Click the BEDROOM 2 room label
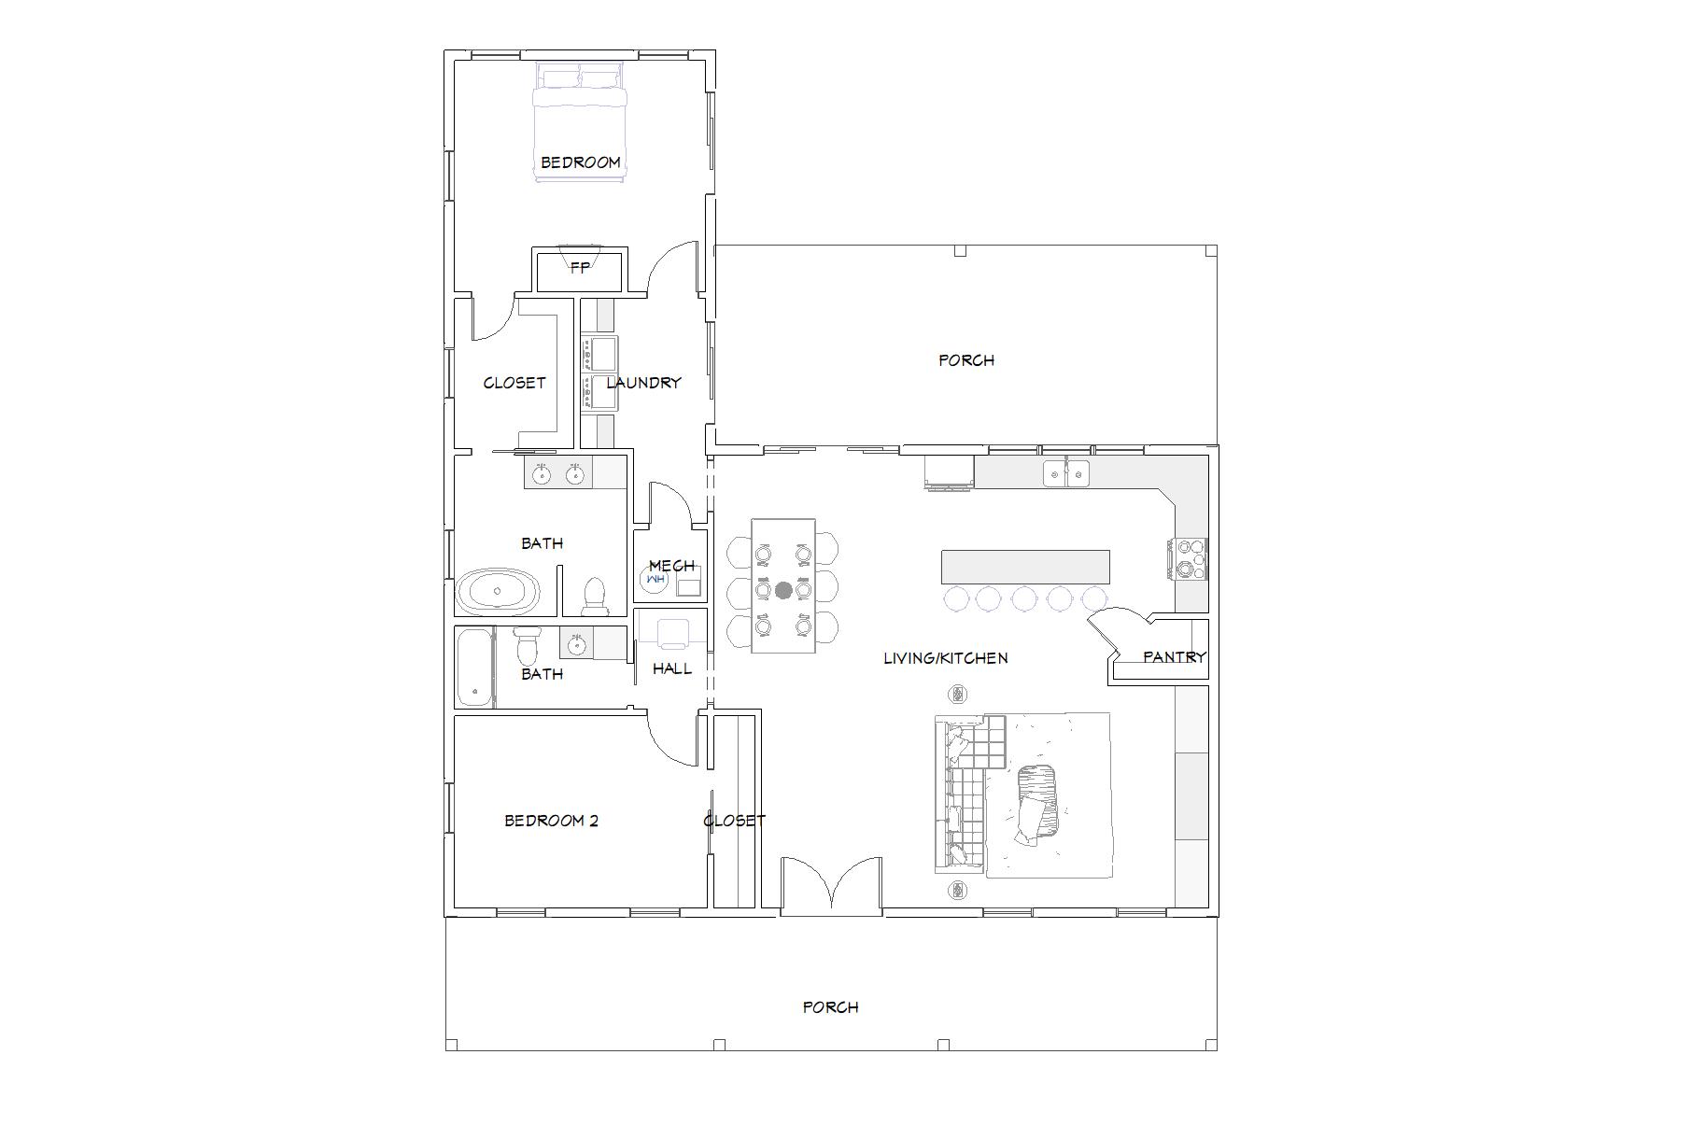tap(551, 821)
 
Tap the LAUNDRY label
tap(643, 382)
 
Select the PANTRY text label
tap(1175, 656)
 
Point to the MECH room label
tap(671, 565)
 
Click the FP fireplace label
tap(580, 268)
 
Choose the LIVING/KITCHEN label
tap(946, 658)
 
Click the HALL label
tap(672, 668)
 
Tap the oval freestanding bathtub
tap(499, 591)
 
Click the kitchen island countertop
tap(1025, 567)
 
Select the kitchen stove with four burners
tap(1186, 558)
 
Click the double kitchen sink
tap(1066, 473)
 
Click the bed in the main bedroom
tap(579, 121)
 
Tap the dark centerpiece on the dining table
tap(783, 590)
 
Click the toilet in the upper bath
tap(594, 598)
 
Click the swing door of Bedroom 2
tap(673, 738)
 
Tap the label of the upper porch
tap(966, 359)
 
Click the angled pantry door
tap(1116, 627)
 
